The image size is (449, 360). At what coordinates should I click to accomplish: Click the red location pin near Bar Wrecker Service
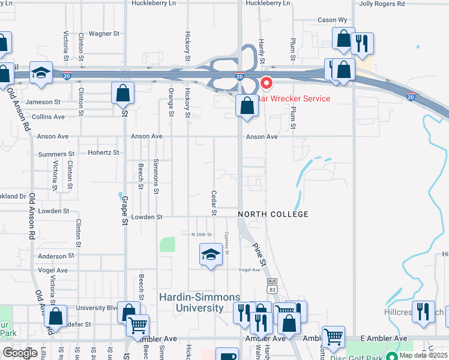point(265,83)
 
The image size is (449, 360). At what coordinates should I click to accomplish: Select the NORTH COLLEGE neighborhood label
point(273,214)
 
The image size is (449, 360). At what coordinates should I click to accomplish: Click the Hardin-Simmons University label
point(199,302)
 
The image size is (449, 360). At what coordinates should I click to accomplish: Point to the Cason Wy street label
point(327,20)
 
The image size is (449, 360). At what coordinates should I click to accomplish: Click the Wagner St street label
point(104,34)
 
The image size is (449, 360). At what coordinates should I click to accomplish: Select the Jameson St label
point(43,103)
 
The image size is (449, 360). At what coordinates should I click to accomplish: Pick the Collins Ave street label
point(48,117)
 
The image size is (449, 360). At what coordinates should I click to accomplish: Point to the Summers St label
point(55,154)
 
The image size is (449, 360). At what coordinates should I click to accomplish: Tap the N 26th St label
point(202,235)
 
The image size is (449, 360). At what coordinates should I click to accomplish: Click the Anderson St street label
point(55,256)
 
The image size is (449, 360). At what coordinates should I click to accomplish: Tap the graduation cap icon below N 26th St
point(211,256)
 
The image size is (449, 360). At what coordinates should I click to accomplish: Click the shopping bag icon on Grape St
point(122,93)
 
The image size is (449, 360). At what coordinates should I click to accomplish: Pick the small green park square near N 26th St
point(167,244)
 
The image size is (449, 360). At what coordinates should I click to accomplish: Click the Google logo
point(20,353)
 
